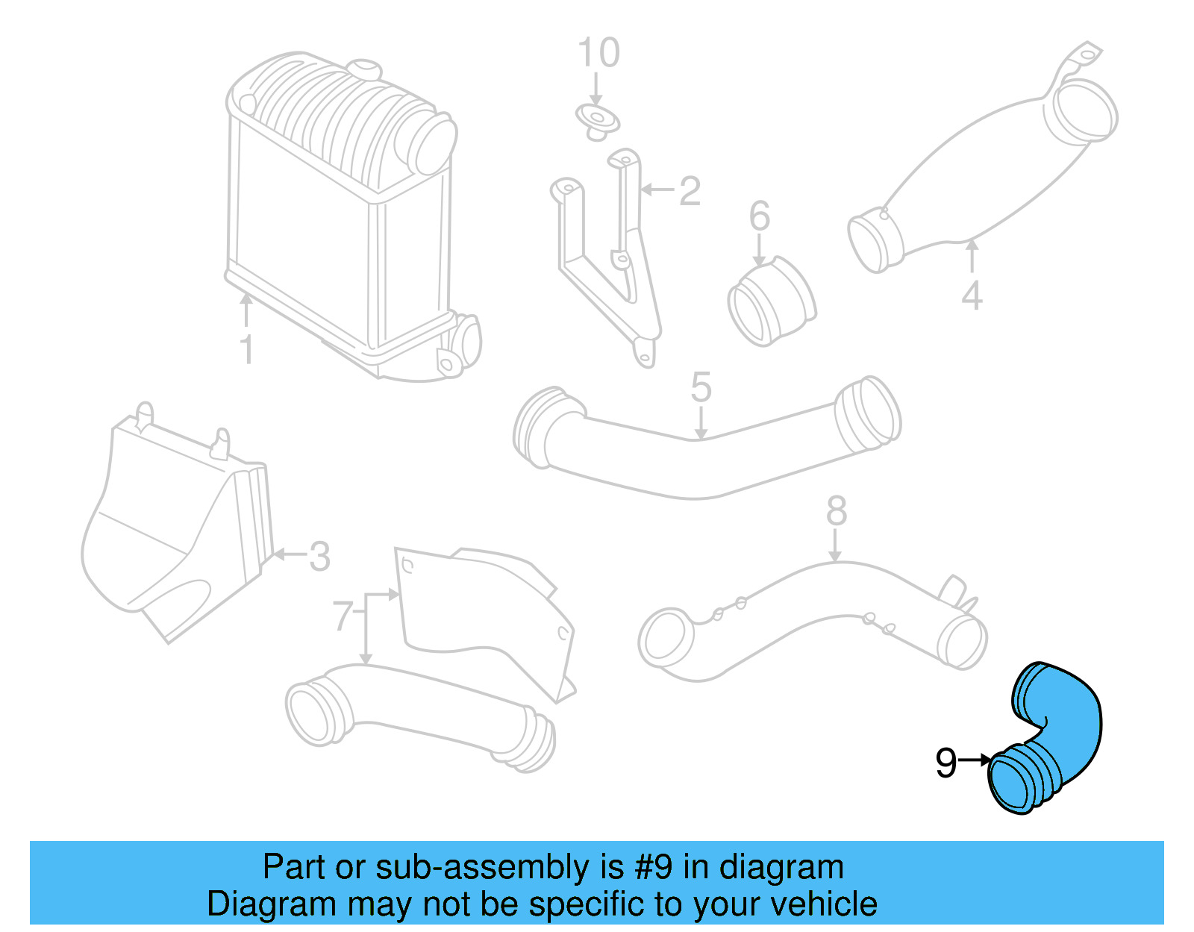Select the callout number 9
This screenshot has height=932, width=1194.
coord(945,763)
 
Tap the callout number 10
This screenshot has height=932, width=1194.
coord(598,53)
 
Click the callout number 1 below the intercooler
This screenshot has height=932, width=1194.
coord(246,350)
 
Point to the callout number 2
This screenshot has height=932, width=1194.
coord(690,191)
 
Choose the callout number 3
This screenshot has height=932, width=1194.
coord(319,557)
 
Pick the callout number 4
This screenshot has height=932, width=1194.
coord(971,295)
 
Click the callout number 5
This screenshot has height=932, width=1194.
coord(701,387)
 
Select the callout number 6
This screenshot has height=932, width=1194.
coord(759,216)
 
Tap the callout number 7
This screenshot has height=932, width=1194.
coord(342,616)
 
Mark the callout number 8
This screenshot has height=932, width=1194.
coord(837,511)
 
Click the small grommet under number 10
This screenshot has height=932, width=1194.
coord(597,122)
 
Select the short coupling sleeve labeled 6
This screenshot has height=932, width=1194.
coord(770,302)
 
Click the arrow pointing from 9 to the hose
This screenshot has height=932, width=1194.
coord(975,760)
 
